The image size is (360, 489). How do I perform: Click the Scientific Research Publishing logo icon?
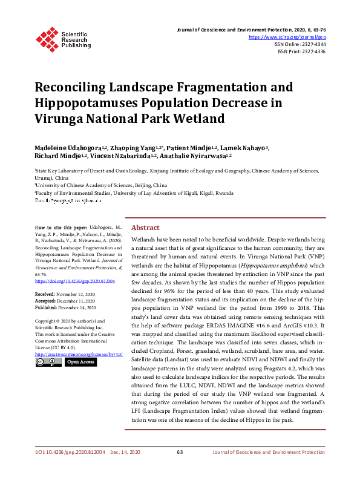[47, 38]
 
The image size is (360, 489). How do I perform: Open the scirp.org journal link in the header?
[288, 37]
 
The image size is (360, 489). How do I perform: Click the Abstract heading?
[145, 228]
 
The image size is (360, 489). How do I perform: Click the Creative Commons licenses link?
[79, 354]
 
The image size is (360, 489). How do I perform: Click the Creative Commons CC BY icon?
[48, 362]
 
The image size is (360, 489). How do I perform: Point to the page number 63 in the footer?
[180, 452]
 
